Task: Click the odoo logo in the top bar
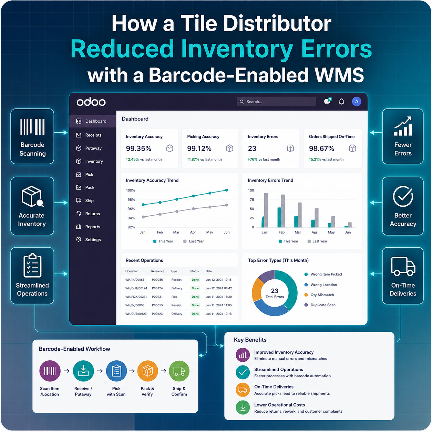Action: (x=91, y=102)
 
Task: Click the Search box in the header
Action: (x=276, y=102)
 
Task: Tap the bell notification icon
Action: (x=341, y=102)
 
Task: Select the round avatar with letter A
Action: (x=357, y=102)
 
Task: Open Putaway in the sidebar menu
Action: (x=93, y=148)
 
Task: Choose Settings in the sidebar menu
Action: (x=93, y=240)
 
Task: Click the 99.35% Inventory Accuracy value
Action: (x=138, y=148)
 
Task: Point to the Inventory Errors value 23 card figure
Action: (x=252, y=148)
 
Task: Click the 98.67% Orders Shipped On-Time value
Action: (x=321, y=148)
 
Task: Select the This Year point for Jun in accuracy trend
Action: (x=227, y=190)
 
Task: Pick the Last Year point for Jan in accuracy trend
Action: (x=143, y=217)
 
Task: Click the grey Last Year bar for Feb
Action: (x=283, y=211)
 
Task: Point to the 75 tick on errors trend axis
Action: (x=252, y=199)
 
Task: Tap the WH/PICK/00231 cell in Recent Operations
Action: (x=136, y=297)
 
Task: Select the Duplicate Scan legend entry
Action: (x=320, y=305)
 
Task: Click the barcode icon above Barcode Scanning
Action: (x=32, y=127)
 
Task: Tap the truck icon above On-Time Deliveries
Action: (x=403, y=266)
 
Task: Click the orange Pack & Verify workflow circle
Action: (x=147, y=371)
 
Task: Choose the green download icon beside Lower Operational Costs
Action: (x=243, y=408)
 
